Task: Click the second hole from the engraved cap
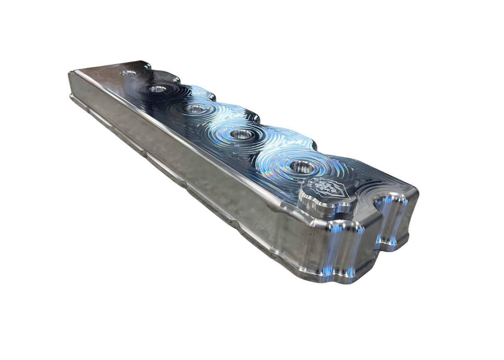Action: pos(242,134)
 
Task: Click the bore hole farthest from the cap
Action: pos(128,73)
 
